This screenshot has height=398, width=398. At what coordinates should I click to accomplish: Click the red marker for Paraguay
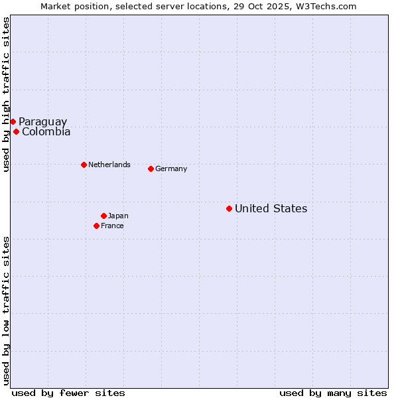[13, 121]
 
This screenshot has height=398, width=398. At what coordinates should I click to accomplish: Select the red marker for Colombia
[16, 131]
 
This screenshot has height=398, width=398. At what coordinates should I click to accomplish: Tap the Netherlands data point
[84, 165]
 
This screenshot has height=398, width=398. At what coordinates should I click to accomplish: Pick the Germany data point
[151, 168]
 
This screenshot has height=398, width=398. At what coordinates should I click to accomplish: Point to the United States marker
[229, 208]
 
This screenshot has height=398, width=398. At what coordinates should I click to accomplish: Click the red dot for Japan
[103, 216]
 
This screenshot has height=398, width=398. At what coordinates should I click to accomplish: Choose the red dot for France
[96, 226]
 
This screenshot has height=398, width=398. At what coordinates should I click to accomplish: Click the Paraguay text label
[42, 121]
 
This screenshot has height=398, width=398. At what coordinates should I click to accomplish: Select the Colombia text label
[46, 131]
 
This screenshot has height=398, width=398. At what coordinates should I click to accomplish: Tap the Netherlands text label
[109, 165]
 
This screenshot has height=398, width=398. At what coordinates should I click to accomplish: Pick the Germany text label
[171, 168]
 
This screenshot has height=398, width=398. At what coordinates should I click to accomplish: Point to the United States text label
[271, 208]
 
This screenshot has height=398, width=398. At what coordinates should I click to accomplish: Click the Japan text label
[118, 216]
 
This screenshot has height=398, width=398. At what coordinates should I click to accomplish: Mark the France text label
[112, 226]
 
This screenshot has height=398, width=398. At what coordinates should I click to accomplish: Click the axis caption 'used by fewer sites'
[68, 393]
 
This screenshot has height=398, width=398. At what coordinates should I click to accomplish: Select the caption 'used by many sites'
[333, 393]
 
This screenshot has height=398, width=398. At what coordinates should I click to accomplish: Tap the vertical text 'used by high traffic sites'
[6, 94]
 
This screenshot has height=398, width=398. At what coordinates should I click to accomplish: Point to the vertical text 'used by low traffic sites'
[6, 310]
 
